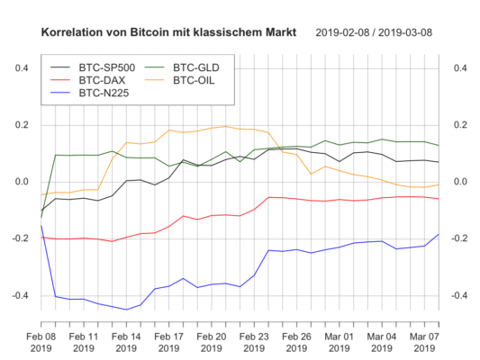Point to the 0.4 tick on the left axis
(23, 68)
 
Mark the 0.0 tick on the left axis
(23, 182)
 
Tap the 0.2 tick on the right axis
(459, 125)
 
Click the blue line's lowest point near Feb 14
(126, 310)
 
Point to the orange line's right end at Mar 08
(439, 184)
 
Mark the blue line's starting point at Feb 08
(41, 226)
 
